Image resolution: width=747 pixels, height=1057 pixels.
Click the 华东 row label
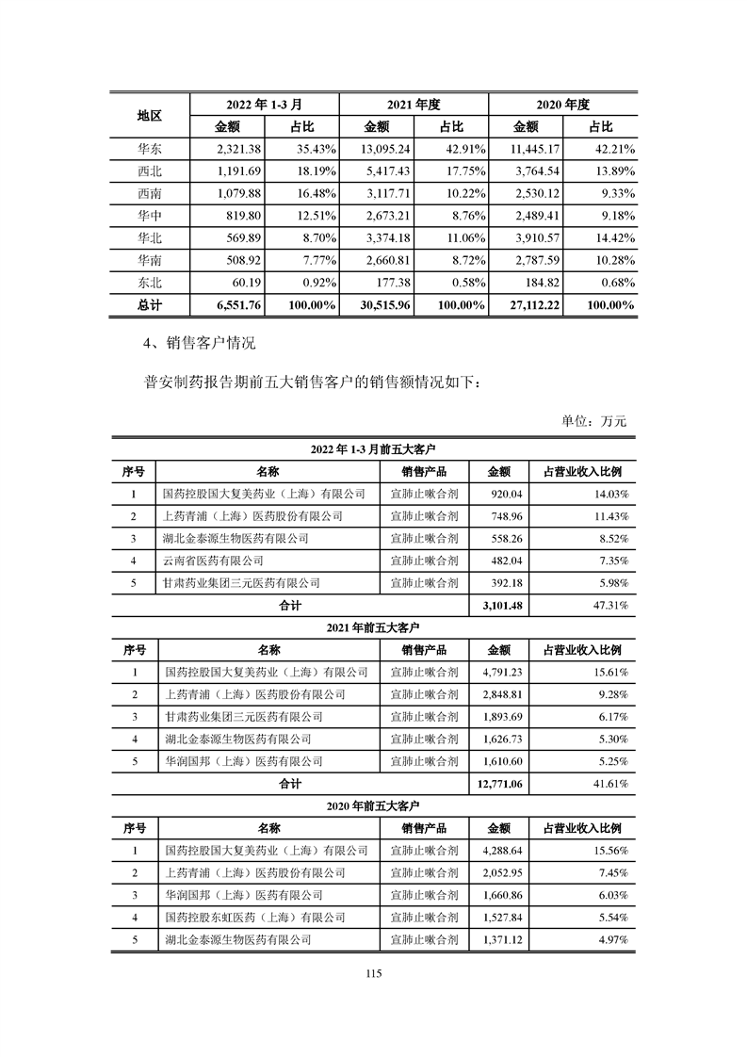pyautogui.click(x=149, y=149)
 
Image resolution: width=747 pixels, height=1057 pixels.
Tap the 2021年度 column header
pyautogui.click(x=414, y=104)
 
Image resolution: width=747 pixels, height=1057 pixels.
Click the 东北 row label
pyautogui.click(x=149, y=282)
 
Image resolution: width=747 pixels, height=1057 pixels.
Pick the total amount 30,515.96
pyautogui.click(x=381, y=305)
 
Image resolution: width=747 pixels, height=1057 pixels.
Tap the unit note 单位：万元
pyautogui.click(x=593, y=421)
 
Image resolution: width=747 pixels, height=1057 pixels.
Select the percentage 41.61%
pyautogui.click(x=609, y=783)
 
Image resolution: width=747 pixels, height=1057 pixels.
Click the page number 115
pyautogui.click(x=373, y=975)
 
